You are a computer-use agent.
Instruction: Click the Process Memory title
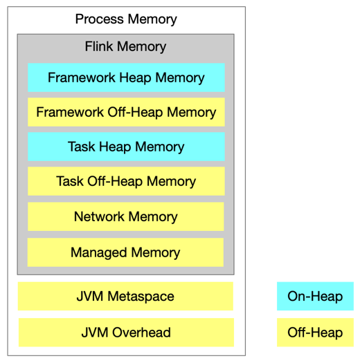click(126, 19)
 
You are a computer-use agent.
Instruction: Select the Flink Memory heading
click(125, 47)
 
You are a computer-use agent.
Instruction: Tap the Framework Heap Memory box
click(126, 77)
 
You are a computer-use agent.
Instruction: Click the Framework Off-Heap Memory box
click(126, 112)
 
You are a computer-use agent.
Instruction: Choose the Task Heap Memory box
click(126, 147)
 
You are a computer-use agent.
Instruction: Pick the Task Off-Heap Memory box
click(126, 182)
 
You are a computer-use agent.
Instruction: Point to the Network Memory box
click(126, 217)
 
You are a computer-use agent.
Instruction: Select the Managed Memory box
click(126, 252)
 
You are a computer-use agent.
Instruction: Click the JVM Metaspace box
click(125, 297)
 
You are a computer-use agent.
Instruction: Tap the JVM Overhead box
click(125, 333)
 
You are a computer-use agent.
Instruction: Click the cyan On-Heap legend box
click(315, 297)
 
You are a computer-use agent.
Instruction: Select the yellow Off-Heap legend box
click(315, 333)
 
